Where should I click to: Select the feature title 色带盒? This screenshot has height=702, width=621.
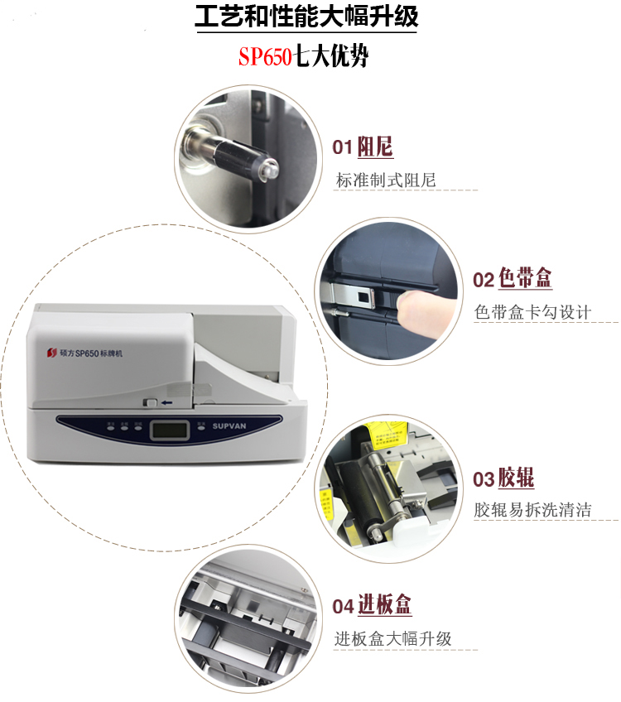tap(525, 279)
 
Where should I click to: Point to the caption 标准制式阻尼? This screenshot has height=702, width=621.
tap(386, 180)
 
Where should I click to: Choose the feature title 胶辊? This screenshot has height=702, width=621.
tap(516, 478)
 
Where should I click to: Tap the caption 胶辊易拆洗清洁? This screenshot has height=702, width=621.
tap(532, 510)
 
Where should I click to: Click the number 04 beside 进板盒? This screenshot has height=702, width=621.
tap(344, 607)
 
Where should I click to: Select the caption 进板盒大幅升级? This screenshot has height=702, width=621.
tap(393, 638)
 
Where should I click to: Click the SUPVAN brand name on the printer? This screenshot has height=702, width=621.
tap(237, 426)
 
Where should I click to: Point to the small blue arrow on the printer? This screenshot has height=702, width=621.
tap(168, 401)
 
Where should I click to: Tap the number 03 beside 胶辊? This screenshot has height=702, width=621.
tap(484, 479)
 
